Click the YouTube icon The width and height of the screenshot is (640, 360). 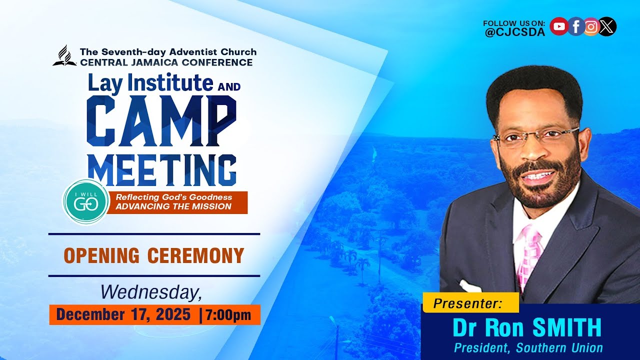click(558, 26)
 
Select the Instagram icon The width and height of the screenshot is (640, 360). click(591, 26)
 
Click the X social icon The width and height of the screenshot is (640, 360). click(607, 26)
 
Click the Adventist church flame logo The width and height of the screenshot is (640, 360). click(64, 56)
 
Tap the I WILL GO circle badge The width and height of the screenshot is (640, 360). click(85, 202)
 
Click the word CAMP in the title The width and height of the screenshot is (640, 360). click(161, 120)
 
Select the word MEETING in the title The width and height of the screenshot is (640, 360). click(161, 170)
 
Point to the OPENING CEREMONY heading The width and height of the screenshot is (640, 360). click(154, 255)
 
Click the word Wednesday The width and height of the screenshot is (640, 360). click(151, 292)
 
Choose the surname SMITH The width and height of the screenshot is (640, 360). click(566, 328)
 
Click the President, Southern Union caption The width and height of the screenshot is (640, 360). click(528, 348)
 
